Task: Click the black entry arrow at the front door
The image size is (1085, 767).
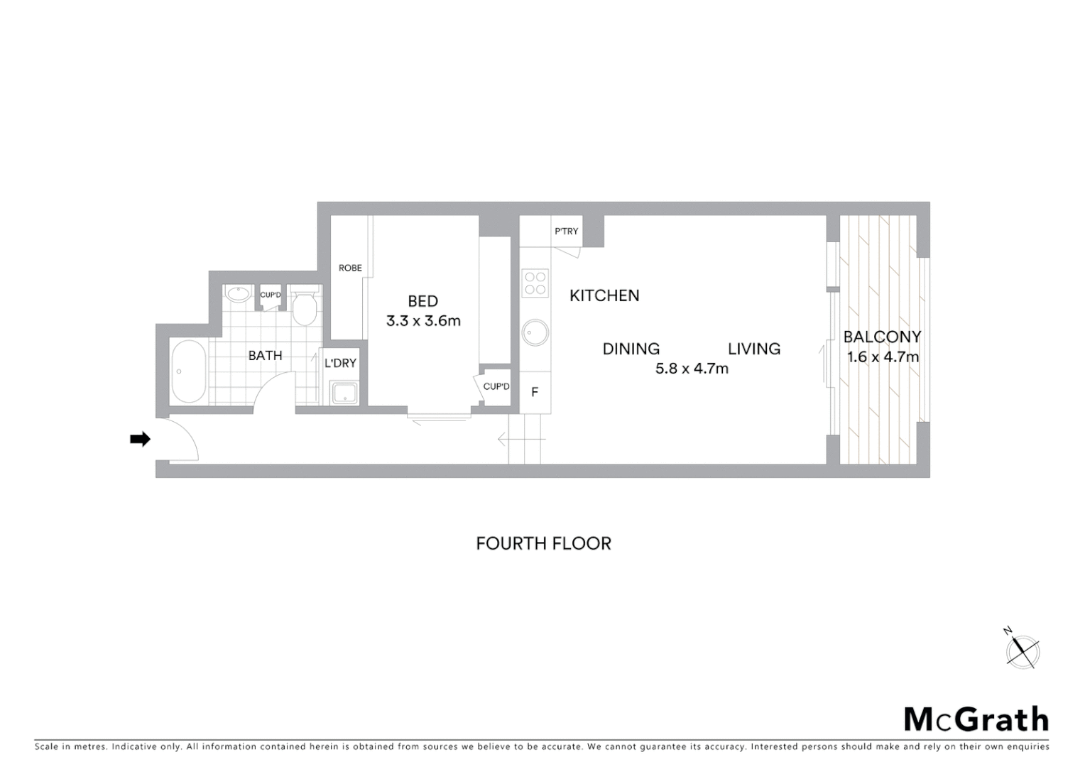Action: tap(140, 440)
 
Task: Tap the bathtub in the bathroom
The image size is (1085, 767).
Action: tap(188, 371)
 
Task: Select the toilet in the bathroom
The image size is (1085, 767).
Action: tap(305, 308)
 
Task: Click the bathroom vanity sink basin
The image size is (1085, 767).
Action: tap(237, 295)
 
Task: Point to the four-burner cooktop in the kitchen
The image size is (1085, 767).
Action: tap(535, 283)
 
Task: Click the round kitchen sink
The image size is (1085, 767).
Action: tap(535, 332)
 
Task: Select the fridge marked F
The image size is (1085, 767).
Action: tap(535, 392)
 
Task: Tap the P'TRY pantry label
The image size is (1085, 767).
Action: tap(566, 232)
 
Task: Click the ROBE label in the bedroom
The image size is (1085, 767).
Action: tap(350, 268)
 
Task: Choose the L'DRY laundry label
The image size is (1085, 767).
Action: tap(340, 363)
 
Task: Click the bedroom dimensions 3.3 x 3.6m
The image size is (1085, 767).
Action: tap(423, 321)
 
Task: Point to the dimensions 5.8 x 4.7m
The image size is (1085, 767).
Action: tap(692, 369)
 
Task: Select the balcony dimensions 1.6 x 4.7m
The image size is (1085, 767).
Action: tap(883, 357)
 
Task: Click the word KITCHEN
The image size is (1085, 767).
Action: tap(604, 295)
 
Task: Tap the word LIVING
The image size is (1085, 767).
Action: tap(754, 349)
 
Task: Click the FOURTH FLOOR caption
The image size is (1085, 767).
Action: tap(543, 543)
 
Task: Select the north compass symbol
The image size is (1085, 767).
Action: tap(1023, 650)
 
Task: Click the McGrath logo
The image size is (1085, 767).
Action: tap(976, 719)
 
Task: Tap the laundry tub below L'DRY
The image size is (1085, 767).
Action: tap(344, 393)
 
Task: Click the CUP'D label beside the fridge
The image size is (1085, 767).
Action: tap(496, 386)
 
